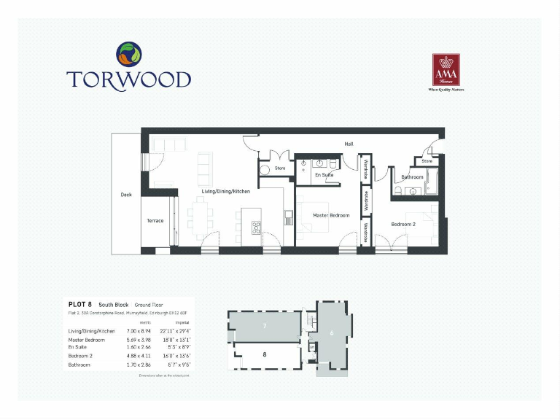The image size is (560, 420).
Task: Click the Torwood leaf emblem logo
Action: click(x=128, y=55)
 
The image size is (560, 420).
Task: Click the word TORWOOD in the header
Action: click(x=128, y=79)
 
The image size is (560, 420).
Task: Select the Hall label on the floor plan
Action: click(x=349, y=144)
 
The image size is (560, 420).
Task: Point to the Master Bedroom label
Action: click(x=331, y=215)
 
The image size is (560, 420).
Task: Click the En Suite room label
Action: click(x=324, y=176)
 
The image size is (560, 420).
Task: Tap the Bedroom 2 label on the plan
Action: click(x=402, y=224)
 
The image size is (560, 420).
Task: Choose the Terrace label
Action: click(x=155, y=220)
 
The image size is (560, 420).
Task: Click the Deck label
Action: click(x=126, y=195)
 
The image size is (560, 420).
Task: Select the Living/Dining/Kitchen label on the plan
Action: click(x=226, y=191)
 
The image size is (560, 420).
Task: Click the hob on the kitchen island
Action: click(x=257, y=227)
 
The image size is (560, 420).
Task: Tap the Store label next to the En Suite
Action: click(x=280, y=168)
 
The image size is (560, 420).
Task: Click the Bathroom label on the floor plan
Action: click(x=412, y=177)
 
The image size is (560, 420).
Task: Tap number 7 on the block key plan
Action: click(x=266, y=324)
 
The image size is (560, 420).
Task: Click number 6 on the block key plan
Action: click(x=332, y=333)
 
